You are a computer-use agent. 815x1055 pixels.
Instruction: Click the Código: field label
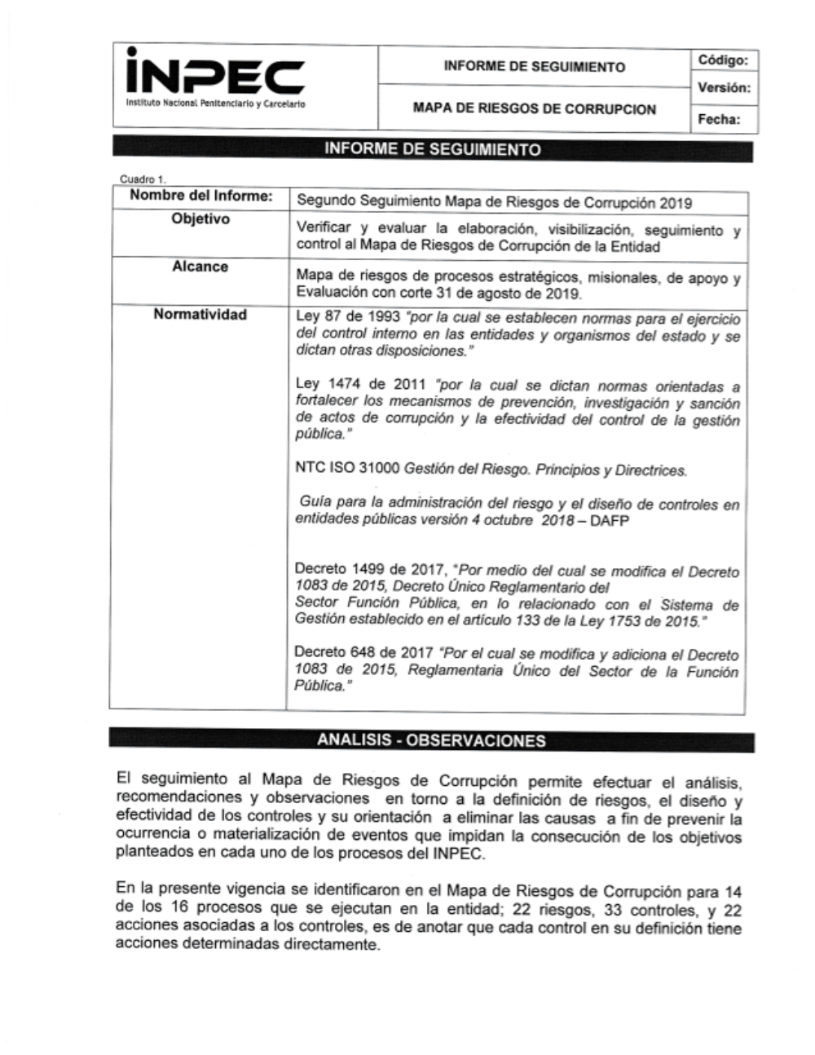[722, 60]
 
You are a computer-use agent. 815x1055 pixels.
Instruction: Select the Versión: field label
[724, 88]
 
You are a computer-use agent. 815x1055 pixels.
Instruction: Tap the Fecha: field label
[718, 120]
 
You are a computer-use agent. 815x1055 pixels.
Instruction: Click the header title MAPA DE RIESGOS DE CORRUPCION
[534, 108]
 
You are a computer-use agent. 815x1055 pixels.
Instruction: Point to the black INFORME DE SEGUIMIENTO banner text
[432, 150]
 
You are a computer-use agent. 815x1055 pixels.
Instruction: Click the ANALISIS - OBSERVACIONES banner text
[431, 741]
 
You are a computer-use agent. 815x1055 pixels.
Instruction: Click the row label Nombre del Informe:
[200, 196]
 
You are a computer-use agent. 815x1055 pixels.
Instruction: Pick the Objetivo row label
[200, 219]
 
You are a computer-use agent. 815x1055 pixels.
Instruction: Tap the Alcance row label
[200, 267]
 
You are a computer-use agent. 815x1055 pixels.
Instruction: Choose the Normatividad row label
[200, 315]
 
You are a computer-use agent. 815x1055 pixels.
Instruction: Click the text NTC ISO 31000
[347, 470]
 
